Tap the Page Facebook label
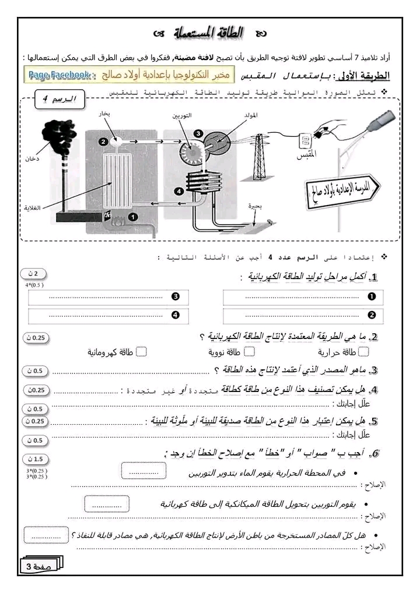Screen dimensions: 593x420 [59, 75]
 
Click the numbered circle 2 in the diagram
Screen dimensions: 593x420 [103, 140]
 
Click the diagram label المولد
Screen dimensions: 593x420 [250, 116]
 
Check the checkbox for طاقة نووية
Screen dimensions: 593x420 [249, 351]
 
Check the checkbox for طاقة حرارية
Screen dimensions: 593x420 [363, 351]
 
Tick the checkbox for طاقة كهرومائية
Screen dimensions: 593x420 [141, 351]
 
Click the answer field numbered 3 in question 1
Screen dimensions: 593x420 [108, 297]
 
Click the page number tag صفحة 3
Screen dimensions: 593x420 [43, 566]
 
